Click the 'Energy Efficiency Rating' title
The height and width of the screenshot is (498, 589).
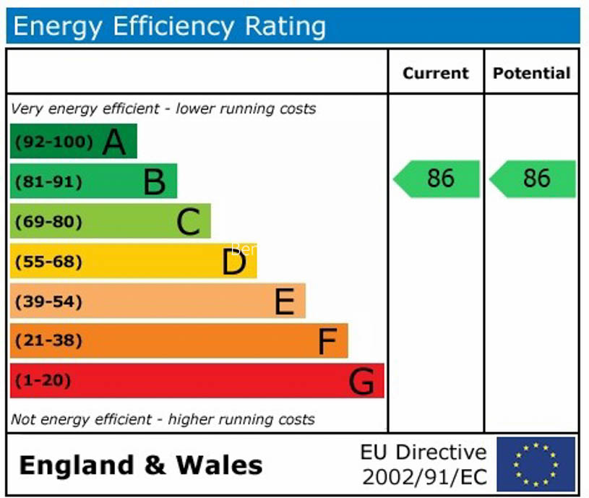point(169,27)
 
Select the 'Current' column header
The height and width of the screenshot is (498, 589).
point(435,73)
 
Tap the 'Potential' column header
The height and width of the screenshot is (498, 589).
point(531,73)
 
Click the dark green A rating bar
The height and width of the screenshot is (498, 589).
point(73,141)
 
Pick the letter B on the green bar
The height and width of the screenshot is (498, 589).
point(154,181)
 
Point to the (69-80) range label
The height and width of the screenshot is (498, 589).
point(48,221)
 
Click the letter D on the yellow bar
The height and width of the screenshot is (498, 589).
point(234,262)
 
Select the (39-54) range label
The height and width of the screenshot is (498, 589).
point(48,301)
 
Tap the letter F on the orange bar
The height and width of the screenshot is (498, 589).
point(328,341)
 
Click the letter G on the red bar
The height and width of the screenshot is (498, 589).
point(362,381)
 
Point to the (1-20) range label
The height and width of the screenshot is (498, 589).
point(43,380)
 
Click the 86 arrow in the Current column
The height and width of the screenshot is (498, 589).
point(437,179)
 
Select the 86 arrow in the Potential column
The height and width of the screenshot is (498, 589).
point(533,179)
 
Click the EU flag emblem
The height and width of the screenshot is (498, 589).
point(536,464)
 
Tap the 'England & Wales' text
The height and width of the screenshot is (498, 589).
point(141,465)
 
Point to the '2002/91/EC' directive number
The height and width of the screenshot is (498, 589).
point(424,477)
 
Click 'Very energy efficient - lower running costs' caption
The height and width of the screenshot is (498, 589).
point(164,109)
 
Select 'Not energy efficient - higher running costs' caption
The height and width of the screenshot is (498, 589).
point(163,419)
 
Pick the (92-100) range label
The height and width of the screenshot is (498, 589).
point(54,142)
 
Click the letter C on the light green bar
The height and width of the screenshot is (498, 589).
point(188,222)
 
